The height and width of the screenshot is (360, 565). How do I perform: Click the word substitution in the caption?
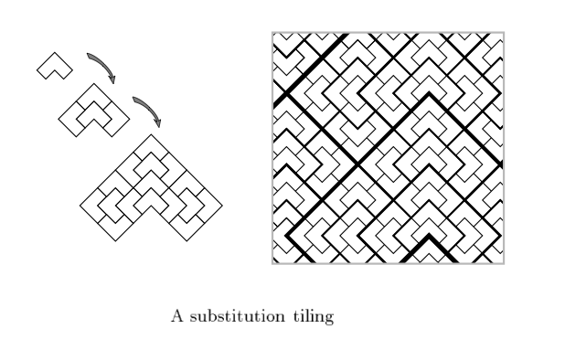point(237,316)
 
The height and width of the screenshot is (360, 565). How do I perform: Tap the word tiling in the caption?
point(314,317)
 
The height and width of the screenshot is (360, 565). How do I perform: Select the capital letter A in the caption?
point(177,316)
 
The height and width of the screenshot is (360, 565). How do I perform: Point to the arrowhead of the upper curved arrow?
point(113,79)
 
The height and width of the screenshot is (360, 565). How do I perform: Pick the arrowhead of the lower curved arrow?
point(158,122)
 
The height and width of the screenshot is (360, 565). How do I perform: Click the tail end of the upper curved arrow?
point(88,54)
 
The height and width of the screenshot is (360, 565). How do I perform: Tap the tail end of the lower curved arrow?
point(133,98)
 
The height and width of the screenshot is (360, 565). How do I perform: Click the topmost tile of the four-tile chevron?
point(94,93)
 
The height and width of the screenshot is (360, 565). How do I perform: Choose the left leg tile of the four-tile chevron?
point(72,119)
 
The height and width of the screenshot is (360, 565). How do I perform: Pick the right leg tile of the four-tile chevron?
point(116,119)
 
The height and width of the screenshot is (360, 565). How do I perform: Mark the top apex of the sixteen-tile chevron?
point(151,134)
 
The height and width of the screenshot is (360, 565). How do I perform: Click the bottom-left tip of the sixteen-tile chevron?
point(115,241)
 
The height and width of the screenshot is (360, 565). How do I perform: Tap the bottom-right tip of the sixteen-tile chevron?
point(187,241)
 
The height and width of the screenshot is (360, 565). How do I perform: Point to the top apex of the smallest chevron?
point(55,53)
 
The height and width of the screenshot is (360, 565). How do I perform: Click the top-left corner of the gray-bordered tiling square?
point(272,32)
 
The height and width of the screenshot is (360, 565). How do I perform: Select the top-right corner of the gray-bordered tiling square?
point(504,32)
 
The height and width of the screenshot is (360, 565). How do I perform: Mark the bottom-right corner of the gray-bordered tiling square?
point(504,264)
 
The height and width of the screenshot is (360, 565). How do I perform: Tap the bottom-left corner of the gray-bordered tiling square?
point(272,264)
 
